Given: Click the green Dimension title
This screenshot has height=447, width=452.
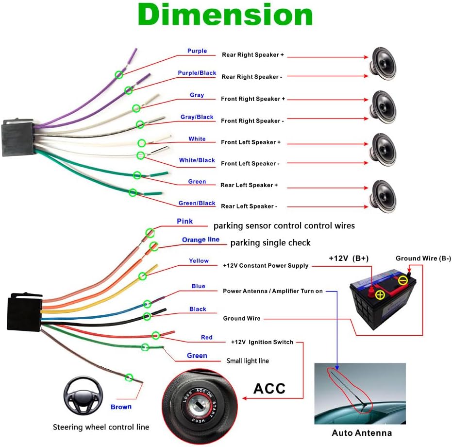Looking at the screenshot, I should point(225,15).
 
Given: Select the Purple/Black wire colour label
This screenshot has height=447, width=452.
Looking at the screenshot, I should point(197,73).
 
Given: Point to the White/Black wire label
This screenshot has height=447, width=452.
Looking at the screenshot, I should point(197,160).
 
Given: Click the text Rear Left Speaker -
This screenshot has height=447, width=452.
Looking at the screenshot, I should point(249,206).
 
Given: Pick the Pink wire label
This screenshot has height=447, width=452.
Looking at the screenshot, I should point(184,221).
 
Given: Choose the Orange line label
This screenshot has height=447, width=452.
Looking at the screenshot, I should point(201,240).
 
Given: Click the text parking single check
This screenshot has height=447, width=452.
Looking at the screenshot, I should point(270,242).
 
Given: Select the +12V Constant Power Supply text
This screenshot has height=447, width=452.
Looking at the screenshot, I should point(266,266).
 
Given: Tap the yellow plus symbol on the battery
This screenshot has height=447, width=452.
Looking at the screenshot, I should point(380,294).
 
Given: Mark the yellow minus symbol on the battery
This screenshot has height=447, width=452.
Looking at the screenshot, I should point(403,280).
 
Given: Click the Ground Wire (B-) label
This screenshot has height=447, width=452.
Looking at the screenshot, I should point(423,258).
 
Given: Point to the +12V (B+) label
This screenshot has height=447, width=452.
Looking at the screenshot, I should point(349,258).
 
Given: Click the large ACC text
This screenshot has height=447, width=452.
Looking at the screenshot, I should point(269,388).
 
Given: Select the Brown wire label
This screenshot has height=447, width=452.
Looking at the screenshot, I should point(121,407).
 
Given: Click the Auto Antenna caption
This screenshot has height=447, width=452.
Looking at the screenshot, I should point(362,432).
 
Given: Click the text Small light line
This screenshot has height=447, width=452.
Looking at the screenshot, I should point(248,361).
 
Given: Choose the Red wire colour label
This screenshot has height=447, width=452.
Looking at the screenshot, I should point(207,337).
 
